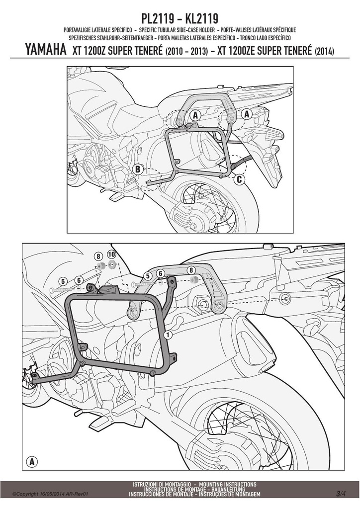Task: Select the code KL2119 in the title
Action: click(x=201, y=18)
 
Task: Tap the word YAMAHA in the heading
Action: click(x=45, y=50)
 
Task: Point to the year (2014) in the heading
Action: click(x=324, y=51)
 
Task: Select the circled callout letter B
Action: click(x=138, y=169)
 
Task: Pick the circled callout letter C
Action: click(x=239, y=179)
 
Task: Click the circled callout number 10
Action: click(x=111, y=255)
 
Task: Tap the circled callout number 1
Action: click(x=168, y=335)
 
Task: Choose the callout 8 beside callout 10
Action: click(x=98, y=255)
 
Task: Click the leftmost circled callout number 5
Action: click(x=63, y=281)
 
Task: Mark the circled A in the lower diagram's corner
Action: click(x=32, y=461)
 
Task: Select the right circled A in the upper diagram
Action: click(x=247, y=114)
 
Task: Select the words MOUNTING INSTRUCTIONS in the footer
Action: click(x=228, y=484)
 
